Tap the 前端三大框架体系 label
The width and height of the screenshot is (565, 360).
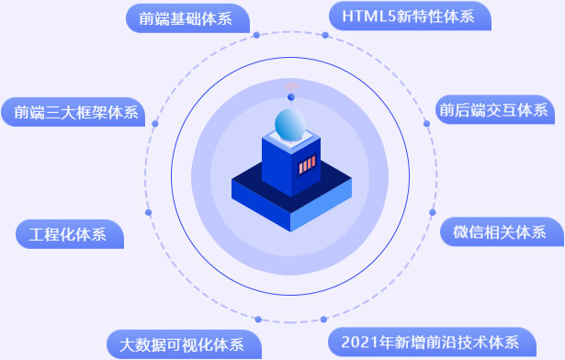tap(74, 113)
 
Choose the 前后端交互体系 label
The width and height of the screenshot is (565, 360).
tap(492, 111)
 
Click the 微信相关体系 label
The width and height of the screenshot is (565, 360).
tap(499, 231)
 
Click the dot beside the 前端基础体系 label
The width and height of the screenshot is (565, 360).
tap(256, 36)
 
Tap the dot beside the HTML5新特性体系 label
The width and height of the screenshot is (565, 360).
tap(324, 36)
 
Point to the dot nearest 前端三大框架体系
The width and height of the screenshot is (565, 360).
tap(155, 123)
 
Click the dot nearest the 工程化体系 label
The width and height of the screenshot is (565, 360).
tap(149, 212)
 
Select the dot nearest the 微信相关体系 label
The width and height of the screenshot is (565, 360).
tap(432, 212)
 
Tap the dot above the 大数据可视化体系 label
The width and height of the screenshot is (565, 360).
tap(258, 319)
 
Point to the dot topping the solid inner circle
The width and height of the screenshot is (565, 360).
tap(291, 96)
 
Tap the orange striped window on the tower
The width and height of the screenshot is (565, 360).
tap(307, 166)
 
